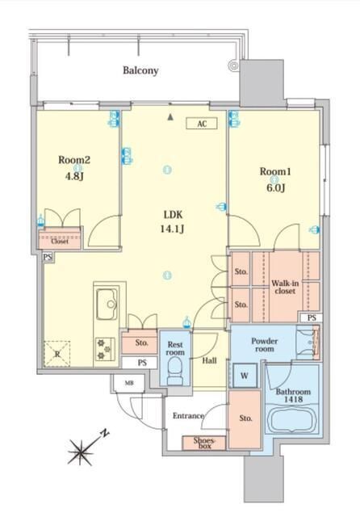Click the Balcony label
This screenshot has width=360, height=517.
(140, 70)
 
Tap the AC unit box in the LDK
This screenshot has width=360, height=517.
(202, 124)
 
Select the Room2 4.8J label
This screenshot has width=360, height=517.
(74, 168)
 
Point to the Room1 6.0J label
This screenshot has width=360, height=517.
(275, 179)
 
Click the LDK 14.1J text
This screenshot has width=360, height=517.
(173, 221)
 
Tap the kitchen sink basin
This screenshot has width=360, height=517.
(107, 304)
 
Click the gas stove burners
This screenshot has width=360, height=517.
(105, 349)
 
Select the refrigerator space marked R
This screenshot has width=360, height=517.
(57, 354)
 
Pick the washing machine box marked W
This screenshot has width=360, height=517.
(245, 375)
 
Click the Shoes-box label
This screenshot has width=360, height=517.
(204, 443)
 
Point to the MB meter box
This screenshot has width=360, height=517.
(129, 383)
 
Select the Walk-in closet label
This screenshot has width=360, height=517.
(285, 288)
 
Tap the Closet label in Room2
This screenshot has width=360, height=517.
(60, 241)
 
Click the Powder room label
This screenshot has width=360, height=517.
(265, 345)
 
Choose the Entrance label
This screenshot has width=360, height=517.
(188, 416)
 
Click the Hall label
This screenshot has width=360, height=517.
(210, 360)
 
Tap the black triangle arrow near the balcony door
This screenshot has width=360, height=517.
(170, 117)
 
